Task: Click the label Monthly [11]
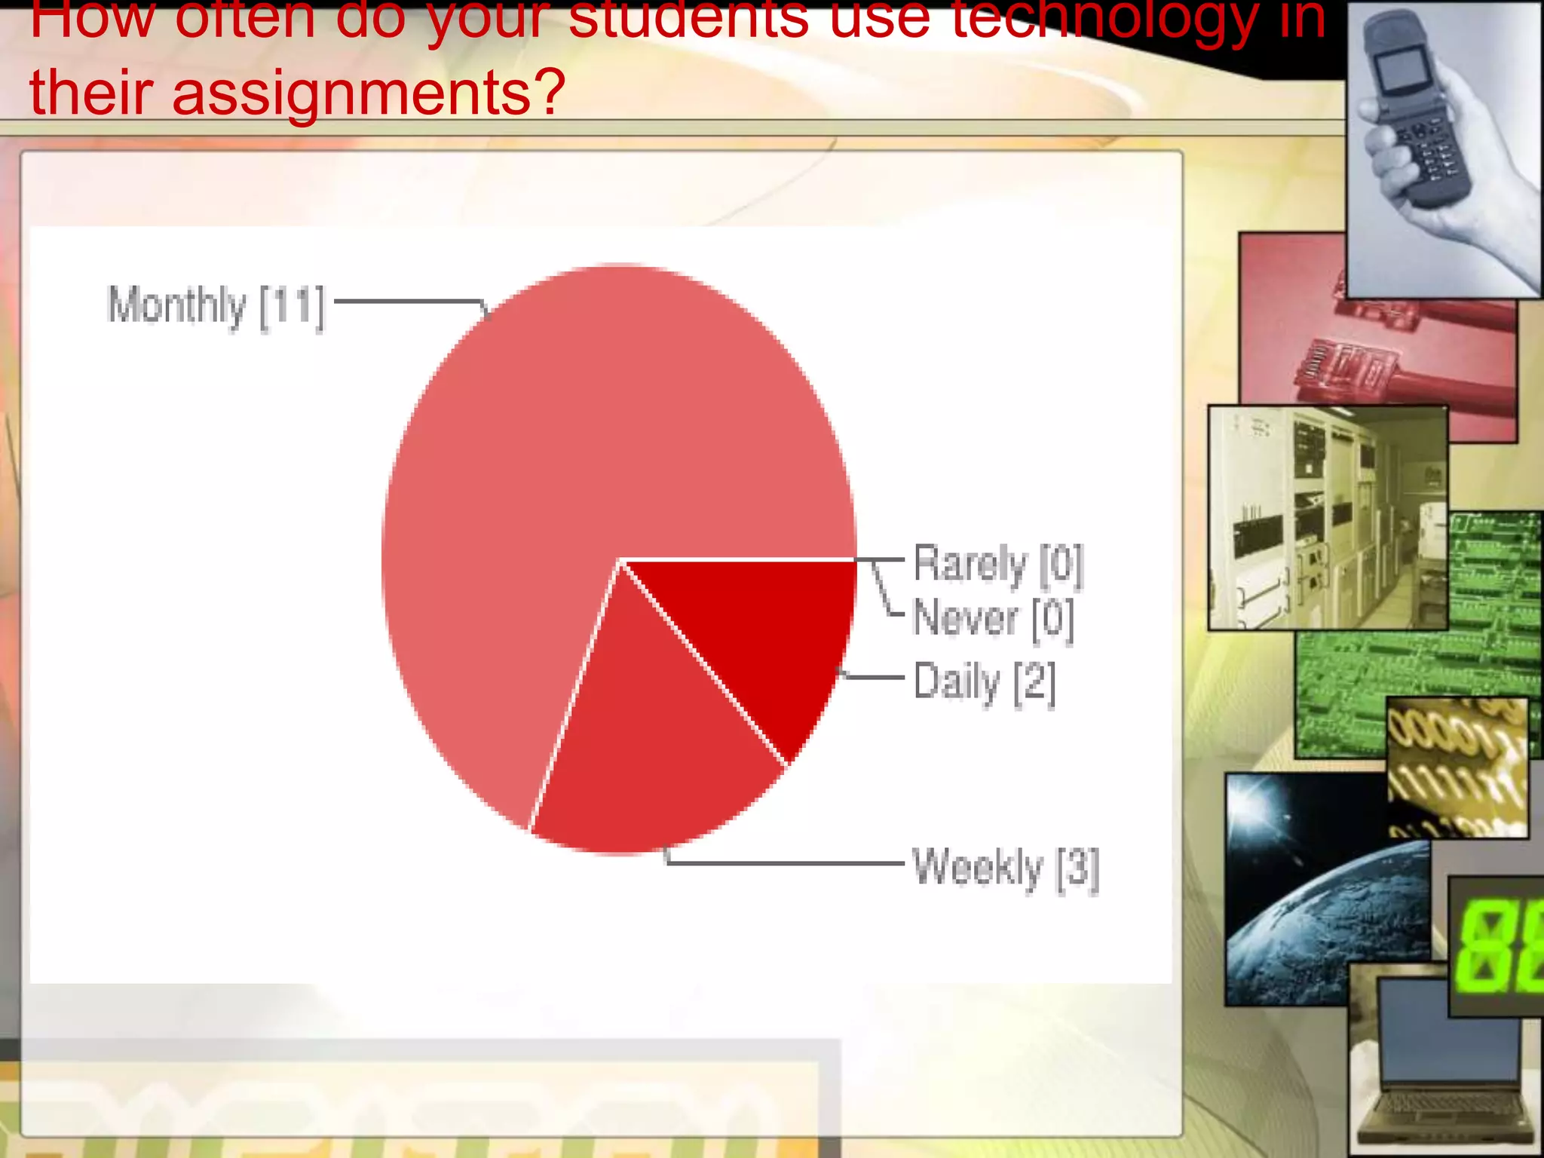pyautogui.click(x=216, y=306)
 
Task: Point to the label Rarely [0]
pyautogui.click(x=998, y=564)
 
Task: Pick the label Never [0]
pyautogui.click(x=993, y=619)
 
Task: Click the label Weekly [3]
pyautogui.click(x=1005, y=868)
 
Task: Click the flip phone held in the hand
pyautogui.click(x=1417, y=113)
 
